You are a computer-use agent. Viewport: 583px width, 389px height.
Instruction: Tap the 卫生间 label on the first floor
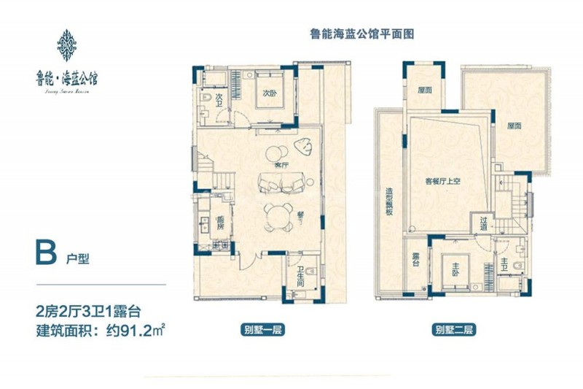coord(300,278)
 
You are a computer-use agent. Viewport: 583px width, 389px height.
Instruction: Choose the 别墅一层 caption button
coord(263,330)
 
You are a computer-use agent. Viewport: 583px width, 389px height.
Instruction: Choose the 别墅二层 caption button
coord(454,330)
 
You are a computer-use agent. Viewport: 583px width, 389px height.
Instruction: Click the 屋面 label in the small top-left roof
coord(424,91)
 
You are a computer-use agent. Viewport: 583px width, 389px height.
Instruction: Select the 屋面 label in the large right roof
coord(514,126)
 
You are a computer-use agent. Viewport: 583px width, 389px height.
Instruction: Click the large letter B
coord(44,253)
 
